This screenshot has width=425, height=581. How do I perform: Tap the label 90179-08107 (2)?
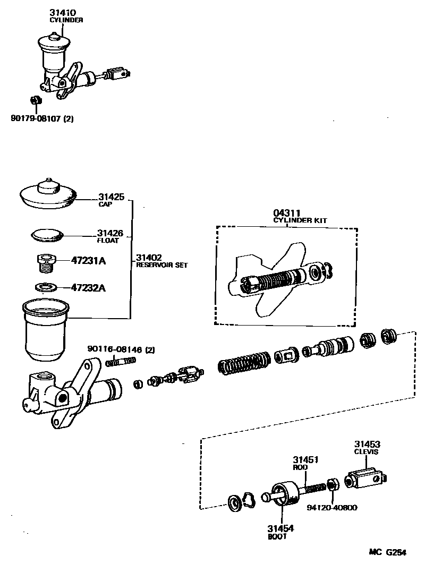[x=42, y=119]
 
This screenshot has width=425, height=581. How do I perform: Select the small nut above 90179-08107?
[x=33, y=99]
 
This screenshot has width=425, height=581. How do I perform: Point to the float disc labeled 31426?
[x=46, y=233]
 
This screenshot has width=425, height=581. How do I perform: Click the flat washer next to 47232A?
[x=46, y=287]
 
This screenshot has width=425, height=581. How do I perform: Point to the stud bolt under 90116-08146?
[x=121, y=361]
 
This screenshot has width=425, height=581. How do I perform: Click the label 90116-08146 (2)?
[x=122, y=349]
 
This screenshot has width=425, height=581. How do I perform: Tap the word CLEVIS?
[x=366, y=452]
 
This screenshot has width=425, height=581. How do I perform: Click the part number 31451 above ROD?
[x=305, y=459]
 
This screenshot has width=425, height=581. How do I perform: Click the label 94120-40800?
[x=332, y=508]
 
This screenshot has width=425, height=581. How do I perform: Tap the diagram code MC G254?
[x=388, y=552]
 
